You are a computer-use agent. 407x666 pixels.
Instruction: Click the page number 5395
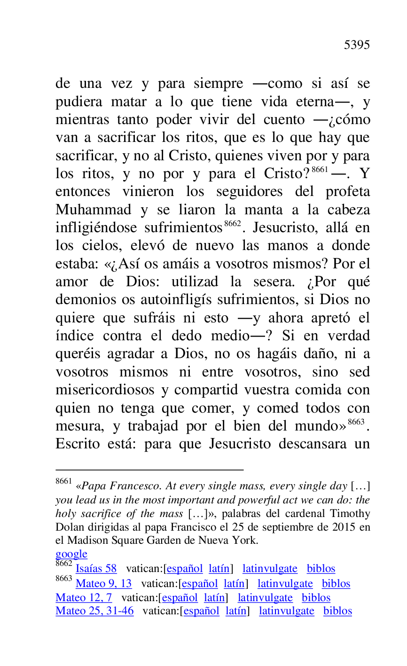click(357, 45)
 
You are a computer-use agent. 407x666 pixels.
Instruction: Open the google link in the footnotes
click(71, 554)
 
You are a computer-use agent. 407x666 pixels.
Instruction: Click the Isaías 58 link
click(96, 569)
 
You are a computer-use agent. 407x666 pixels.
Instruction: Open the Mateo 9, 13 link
click(103, 584)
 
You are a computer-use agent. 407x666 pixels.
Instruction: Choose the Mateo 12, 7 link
click(84, 598)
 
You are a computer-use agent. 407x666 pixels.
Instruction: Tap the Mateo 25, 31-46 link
click(94, 611)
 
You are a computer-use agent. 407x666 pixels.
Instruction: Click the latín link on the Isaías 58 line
click(219, 569)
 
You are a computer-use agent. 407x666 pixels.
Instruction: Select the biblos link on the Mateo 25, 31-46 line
click(337, 611)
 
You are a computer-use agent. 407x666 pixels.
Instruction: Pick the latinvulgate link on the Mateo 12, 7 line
click(265, 598)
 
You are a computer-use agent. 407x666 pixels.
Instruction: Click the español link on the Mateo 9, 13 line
click(200, 584)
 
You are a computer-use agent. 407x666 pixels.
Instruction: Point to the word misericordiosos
click(105, 390)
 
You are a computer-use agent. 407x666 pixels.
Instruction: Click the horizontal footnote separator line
click(149, 470)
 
